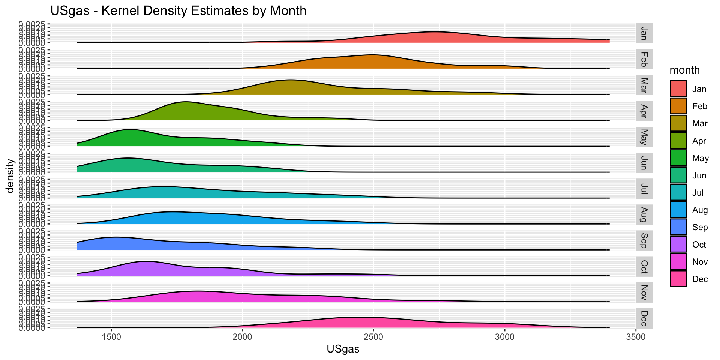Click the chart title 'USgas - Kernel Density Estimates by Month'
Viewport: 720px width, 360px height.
coord(178,10)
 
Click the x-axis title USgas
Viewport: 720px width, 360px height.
coord(343,349)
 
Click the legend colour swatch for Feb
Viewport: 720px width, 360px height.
coord(678,106)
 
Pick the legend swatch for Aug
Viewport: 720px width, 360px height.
coord(678,210)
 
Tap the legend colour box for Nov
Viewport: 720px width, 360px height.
coord(678,262)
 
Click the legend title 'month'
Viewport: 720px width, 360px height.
coord(684,70)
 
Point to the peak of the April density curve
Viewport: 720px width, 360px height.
coord(184,102)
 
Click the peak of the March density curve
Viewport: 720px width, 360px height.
coord(291,80)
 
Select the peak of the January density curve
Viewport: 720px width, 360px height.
coord(435,32)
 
